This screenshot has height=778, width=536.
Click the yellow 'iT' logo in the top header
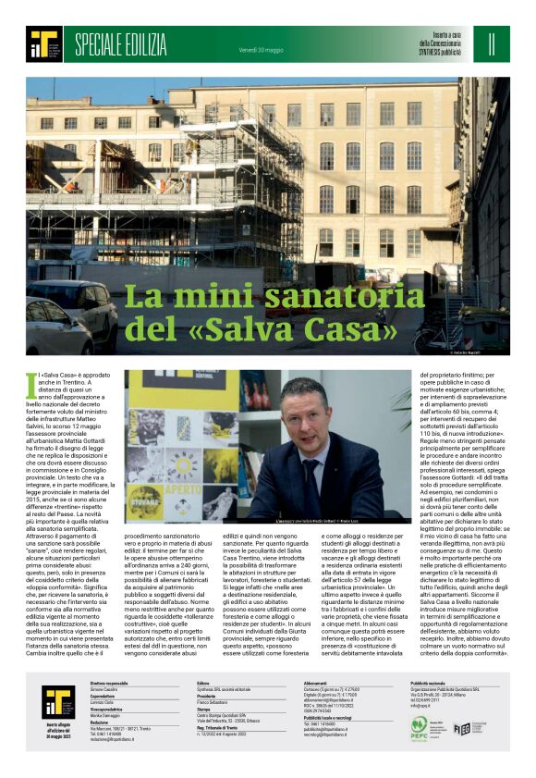tap(43, 43)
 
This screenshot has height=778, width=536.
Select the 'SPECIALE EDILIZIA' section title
tap(120, 43)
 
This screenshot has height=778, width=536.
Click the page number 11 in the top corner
tap(492, 43)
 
